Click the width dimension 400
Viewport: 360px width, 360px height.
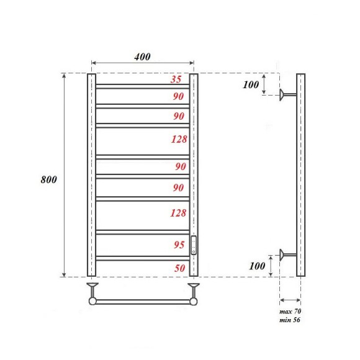point(142,56)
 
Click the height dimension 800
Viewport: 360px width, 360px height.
point(49,179)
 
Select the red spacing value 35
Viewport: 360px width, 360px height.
point(176,79)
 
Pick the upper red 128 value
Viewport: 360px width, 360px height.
point(179,139)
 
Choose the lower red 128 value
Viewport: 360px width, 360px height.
point(179,214)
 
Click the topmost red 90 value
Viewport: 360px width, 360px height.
point(179,96)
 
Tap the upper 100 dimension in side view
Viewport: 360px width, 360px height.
point(251,84)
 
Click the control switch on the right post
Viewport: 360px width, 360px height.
point(194,245)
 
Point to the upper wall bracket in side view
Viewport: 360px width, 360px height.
point(285,94)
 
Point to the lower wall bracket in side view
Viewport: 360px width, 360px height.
point(285,254)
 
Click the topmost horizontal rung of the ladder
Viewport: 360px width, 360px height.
point(142,85)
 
